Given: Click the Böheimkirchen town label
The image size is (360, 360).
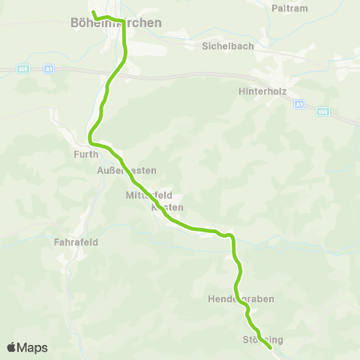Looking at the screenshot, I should pos(115,23).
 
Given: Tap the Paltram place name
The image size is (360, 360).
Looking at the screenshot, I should pos(292,7).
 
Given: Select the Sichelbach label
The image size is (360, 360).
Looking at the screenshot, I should pos(228,46).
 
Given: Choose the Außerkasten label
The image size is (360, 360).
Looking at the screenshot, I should pos(122,170).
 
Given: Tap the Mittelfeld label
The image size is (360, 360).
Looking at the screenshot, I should pos(149,195).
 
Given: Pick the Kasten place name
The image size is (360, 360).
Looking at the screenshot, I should pos(167,207).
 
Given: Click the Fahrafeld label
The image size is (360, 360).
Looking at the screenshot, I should pos(76,242).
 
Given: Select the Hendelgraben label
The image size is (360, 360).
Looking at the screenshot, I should pos(241,298).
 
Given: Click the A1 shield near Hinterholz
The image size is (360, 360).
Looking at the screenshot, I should pos(298,103).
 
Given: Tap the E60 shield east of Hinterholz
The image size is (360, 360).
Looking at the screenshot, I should pos(322,112).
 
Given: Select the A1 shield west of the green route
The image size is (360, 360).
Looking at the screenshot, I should pos(49,69).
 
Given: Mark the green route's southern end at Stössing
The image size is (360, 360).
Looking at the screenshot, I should pos(270,347).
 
